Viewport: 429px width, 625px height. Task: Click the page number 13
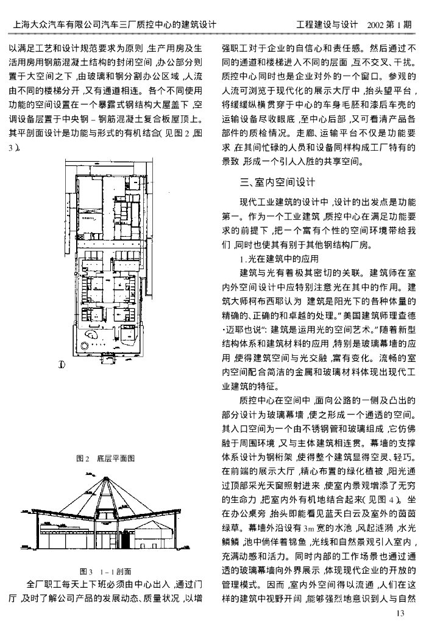tap(400, 612)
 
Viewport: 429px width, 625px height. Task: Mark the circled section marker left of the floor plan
tap(61, 365)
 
